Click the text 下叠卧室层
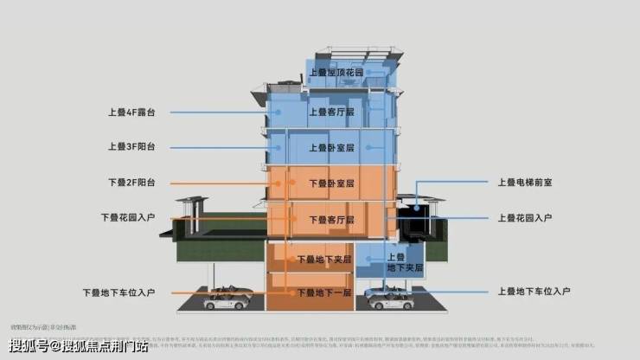point(332,183)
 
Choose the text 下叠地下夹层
point(324,259)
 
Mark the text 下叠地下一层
point(324,292)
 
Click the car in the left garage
point(227,299)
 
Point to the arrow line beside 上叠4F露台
point(216,112)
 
